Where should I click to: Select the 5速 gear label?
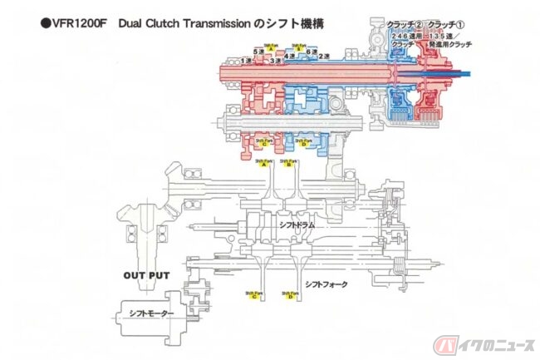point(258,52)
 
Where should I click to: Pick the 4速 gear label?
point(288,55)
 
